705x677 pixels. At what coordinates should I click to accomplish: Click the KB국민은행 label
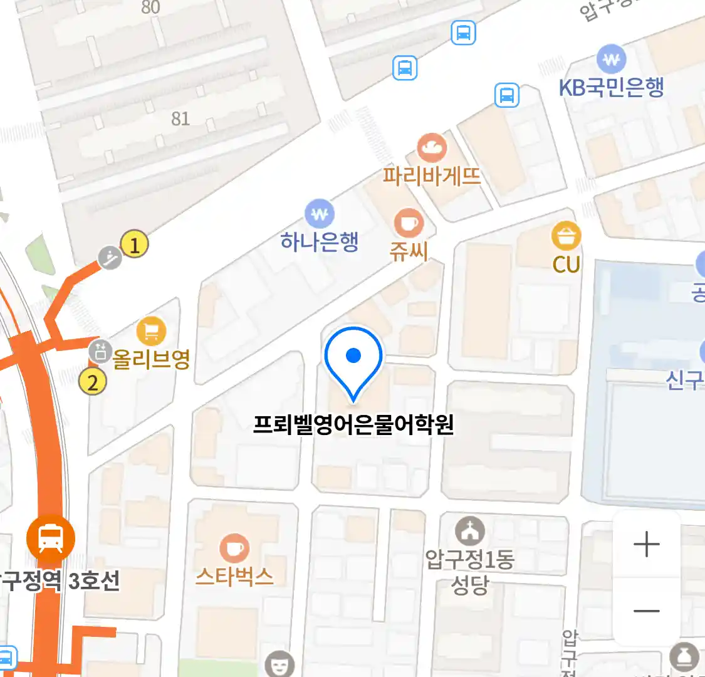coord(611,88)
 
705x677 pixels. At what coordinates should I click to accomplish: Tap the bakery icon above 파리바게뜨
coord(432,149)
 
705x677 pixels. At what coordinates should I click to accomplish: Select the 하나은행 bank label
coord(320,241)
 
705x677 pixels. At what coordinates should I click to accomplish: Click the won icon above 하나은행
coord(320,214)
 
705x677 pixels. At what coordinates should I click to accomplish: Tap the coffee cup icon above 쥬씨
coord(409,223)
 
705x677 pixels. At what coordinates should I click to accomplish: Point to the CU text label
coord(566,265)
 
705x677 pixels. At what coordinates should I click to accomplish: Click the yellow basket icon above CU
coord(566,236)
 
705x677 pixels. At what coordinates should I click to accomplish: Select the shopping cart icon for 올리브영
coord(151,332)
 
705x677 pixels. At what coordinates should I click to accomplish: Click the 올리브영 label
coord(151,359)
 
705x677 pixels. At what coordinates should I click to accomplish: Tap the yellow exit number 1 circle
coord(134,244)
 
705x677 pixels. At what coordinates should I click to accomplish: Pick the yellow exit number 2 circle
coord(93,381)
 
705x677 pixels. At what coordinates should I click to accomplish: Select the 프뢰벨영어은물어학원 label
coord(353,425)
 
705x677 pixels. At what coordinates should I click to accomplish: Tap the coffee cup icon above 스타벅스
coord(234,548)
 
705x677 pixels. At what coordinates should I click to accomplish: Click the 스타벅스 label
coord(234,576)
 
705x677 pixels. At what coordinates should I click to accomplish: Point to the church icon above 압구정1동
coord(469,532)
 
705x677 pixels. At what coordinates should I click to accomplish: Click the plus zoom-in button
coord(646,544)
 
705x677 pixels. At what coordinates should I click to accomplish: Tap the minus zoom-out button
coord(646,611)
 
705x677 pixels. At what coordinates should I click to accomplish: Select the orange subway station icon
coord(50,538)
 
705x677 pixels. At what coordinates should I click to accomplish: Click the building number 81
coord(180,118)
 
